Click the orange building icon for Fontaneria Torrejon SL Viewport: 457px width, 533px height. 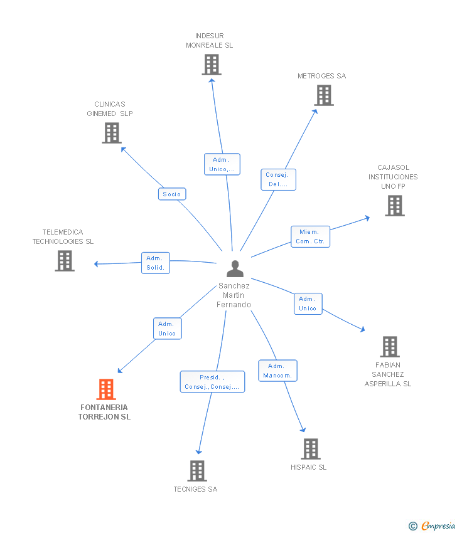coord(106,389)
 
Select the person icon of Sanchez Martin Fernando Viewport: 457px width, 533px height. coord(235,269)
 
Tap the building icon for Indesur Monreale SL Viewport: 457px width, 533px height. coord(212,65)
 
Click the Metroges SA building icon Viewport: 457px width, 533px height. coord(323,95)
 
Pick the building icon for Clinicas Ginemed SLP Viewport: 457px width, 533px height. coord(112,133)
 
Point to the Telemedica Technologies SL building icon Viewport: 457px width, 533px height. coord(65,261)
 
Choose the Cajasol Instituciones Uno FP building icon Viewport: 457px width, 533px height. coord(394,206)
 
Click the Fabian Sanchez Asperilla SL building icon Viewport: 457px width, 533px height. coord(389,347)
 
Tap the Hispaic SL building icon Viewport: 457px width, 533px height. coord(310,449)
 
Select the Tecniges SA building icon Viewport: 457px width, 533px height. coord(197,471)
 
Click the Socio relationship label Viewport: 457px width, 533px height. coord(172,194)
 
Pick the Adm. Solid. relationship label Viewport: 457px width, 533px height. coord(155,263)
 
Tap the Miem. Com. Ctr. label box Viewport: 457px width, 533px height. coord(310,236)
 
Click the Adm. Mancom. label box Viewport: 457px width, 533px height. coord(277,371)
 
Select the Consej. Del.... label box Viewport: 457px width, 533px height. coord(278,179)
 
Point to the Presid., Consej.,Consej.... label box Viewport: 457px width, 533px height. coord(212,382)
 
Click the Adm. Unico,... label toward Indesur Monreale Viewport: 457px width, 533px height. coord(222,164)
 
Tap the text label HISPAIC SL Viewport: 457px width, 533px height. coord(308,467)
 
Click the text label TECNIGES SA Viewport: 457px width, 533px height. coord(195,489)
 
